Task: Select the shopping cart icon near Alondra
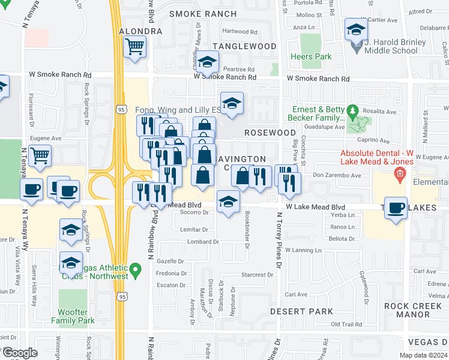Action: [x=135, y=46]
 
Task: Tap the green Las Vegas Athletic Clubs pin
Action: [x=136, y=272]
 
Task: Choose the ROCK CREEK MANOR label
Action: [x=415, y=310]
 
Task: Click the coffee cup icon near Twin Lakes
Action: [x=396, y=208]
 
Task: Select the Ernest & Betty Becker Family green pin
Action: [x=353, y=110]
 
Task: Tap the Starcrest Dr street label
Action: [x=257, y=275]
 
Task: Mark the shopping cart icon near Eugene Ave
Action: [x=40, y=155]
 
